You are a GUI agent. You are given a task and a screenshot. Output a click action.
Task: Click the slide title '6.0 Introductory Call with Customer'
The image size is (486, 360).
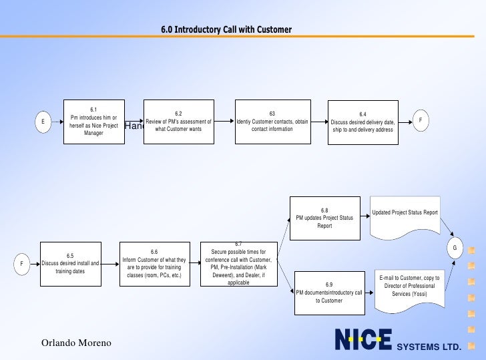[226, 29]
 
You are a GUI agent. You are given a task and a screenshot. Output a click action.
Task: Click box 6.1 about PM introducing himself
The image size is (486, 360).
[93, 122]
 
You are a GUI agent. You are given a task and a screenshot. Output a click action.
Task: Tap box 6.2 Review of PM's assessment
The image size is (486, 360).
[178, 122]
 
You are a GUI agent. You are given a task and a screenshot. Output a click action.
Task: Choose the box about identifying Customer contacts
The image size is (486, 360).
[272, 122]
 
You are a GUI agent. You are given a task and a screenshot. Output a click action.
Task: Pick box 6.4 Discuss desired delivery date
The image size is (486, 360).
[362, 122]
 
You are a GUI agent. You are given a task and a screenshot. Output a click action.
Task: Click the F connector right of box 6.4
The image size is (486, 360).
[421, 120]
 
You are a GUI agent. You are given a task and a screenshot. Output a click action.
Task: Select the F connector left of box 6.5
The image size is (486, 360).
[22, 264]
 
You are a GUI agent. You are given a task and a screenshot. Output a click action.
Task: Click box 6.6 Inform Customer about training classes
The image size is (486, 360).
[154, 263]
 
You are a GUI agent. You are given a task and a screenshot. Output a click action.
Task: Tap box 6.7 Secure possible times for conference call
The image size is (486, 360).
[238, 263]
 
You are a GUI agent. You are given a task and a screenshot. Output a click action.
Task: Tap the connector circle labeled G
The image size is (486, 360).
[455, 248]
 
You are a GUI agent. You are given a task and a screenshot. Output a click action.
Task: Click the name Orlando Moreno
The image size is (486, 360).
[76, 343]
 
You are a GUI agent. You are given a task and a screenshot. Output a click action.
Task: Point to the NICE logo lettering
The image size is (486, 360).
[362, 340]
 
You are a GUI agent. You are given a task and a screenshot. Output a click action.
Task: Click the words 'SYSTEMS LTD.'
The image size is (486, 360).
[429, 347]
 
